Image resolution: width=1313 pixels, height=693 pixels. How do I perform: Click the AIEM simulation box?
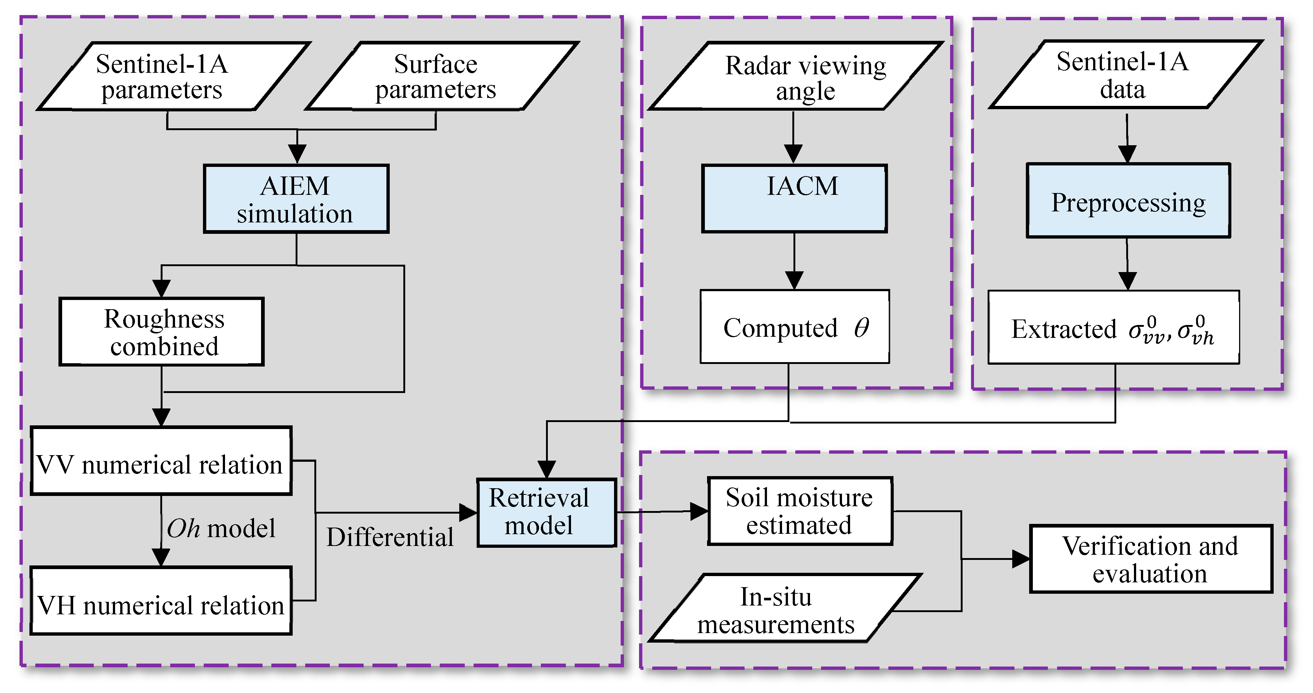296,199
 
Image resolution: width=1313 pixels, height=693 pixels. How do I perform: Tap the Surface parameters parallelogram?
441,76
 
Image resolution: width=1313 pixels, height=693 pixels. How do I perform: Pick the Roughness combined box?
161,332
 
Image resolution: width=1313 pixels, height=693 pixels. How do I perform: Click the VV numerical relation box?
161,461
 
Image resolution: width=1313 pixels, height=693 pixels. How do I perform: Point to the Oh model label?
221,528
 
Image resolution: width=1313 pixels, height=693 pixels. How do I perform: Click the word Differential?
390,537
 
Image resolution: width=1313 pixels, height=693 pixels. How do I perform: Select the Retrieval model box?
546,512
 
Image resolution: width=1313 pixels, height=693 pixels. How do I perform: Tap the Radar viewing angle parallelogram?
795,76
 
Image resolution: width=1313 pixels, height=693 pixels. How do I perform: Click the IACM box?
794,199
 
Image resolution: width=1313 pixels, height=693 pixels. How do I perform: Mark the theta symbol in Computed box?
861,328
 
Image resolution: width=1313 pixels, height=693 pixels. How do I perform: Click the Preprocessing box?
1128,201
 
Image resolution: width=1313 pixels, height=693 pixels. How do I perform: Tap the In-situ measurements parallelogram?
785,608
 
